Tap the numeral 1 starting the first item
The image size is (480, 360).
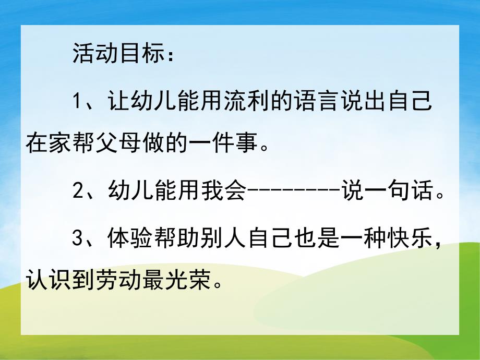[x=78, y=101]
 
